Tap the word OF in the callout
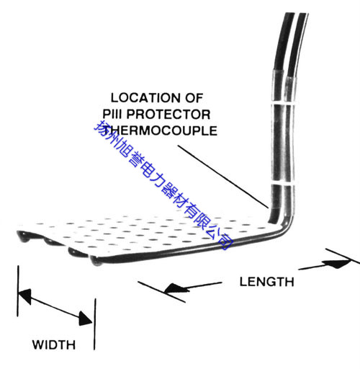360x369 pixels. click(x=194, y=98)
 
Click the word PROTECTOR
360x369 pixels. click(x=168, y=115)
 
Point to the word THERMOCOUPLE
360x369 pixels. click(x=161, y=131)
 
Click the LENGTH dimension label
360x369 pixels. click(x=267, y=282)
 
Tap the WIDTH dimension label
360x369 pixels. click(x=54, y=344)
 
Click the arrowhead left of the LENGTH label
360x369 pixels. click(x=176, y=288)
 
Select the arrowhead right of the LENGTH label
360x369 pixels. click(x=336, y=264)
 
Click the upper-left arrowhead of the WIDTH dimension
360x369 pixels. click(x=25, y=295)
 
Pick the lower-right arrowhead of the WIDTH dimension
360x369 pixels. click(x=86, y=319)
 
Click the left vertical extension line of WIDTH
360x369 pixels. click(x=17, y=291)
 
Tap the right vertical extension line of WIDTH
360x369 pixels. click(x=95, y=324)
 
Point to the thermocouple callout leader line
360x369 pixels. click(x=222, y=177)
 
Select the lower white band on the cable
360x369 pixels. click(x=284, y=184)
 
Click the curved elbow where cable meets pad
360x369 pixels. click(x=287, y=226)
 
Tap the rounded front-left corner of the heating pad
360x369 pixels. click(x=23, y=236)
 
